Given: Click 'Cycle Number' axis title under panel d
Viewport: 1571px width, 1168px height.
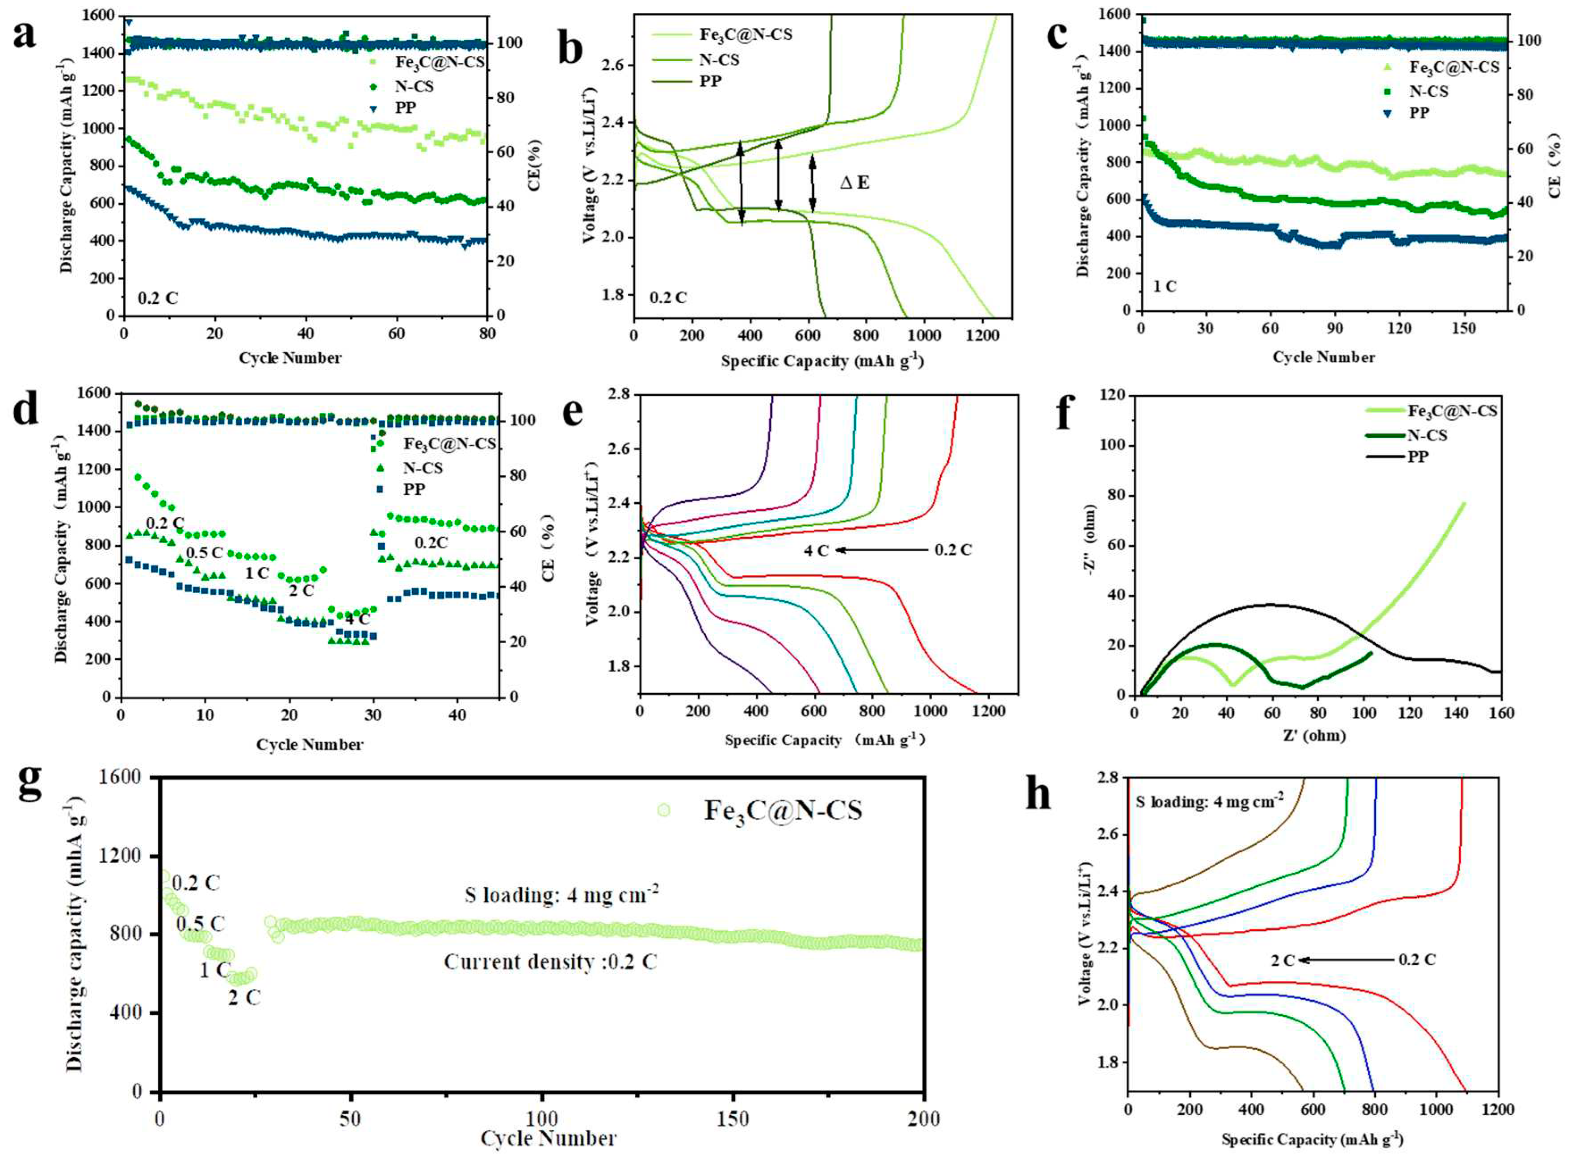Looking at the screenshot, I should (x=310, y=744).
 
